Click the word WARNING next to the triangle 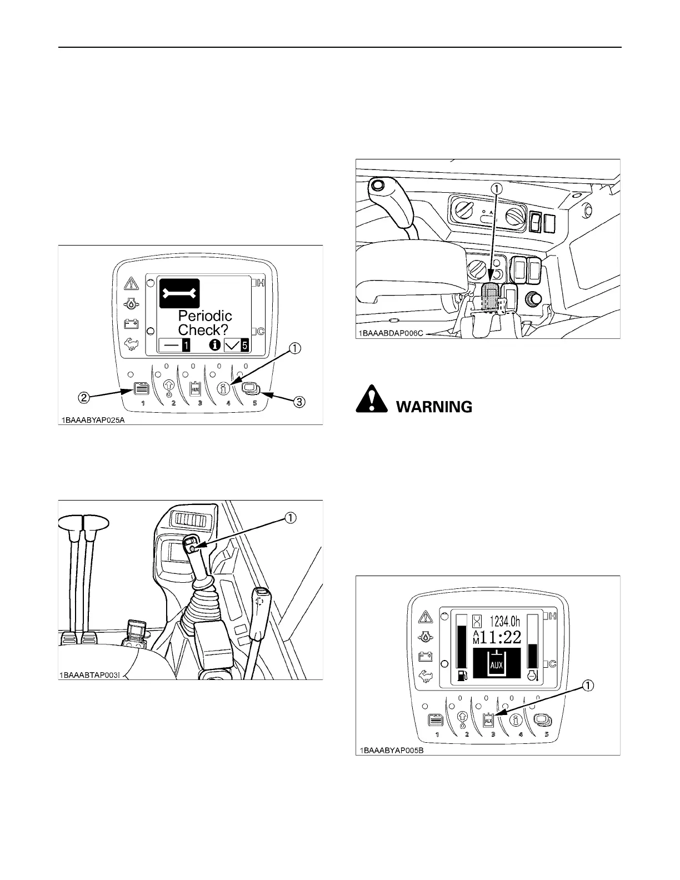pyautogui.click(x=434, y=407)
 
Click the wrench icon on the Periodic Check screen pyautogui.click(x=179, y=293)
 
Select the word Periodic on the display pyautogui.click(x=205, y=316)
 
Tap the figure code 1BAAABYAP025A pyautogui.click(x=93, y=420)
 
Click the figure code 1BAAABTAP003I pyautogui.click(x=93, y=675)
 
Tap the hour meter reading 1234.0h pyautogui.click(x=503, y=619)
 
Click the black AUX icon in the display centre pyautogui.click(x=496, y=663)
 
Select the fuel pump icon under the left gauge pyautogui.click(x=462, y=675)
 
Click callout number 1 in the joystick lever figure pyautogui.click(x=289, y=517)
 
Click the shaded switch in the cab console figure pyautogui.click(x=491, y=298)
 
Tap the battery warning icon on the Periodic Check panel pyautogui.click(x=131, y=323)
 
